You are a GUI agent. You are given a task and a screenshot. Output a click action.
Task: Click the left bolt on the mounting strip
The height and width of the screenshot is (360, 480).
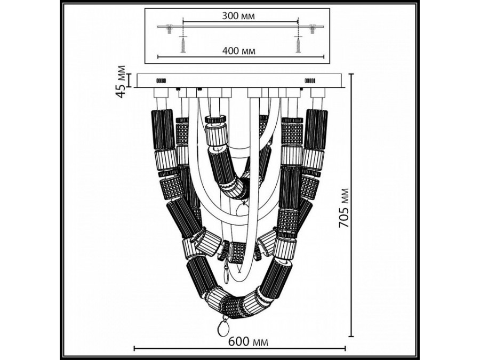click(x=169, y=28)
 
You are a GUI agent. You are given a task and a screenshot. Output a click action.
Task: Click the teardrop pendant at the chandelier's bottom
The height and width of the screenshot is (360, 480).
click(x=226, y=329)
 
